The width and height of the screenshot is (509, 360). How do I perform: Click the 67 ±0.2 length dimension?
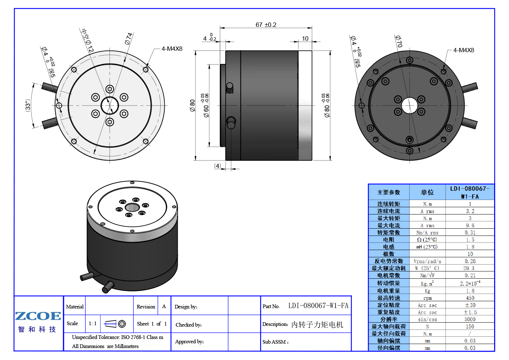[x=266, y=25]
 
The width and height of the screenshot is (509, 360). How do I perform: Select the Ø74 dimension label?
[x=129, y=38]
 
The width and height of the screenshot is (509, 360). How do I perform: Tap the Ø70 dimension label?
[x=399, y=41]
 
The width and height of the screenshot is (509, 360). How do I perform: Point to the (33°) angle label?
[x=28, y=105]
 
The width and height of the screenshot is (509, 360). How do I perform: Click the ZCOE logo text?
[x=38, y=316]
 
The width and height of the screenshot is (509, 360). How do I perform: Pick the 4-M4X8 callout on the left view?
[x=172, y=49]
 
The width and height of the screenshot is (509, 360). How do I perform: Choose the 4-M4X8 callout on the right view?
[x=464, y=50]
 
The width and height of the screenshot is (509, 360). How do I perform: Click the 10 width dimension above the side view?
[x=305, y=38]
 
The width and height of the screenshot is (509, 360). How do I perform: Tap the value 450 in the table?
[x=470, y=298]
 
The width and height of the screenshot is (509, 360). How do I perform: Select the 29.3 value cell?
[x=470, y=268]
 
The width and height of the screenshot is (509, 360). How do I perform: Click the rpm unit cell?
[x=427, y=298]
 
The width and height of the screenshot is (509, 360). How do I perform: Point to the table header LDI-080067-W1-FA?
[x=470, y=192]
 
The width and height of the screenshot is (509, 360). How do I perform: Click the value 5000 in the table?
[x=470, y=319]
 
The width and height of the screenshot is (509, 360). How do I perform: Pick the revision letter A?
[x=164, y=306]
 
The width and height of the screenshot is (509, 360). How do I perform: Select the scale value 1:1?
[x=93, y=323]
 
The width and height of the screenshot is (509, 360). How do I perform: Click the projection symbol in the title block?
[x=115, y=324]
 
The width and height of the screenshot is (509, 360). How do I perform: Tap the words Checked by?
[x=188, y=325]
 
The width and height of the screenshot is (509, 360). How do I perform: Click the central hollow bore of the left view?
[x=110, y=106]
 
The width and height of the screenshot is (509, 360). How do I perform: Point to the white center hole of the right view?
[x=410, y=106]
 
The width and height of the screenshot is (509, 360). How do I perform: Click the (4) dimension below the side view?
[x=217, y=166]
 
